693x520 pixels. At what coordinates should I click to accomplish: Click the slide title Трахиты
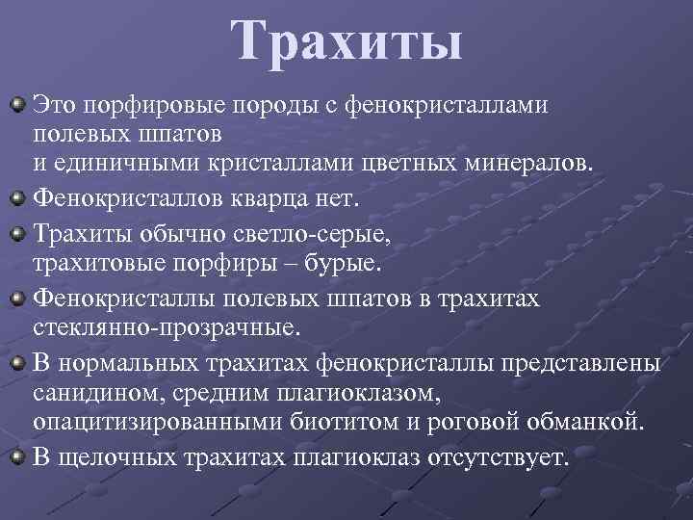(x=346, y=44)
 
